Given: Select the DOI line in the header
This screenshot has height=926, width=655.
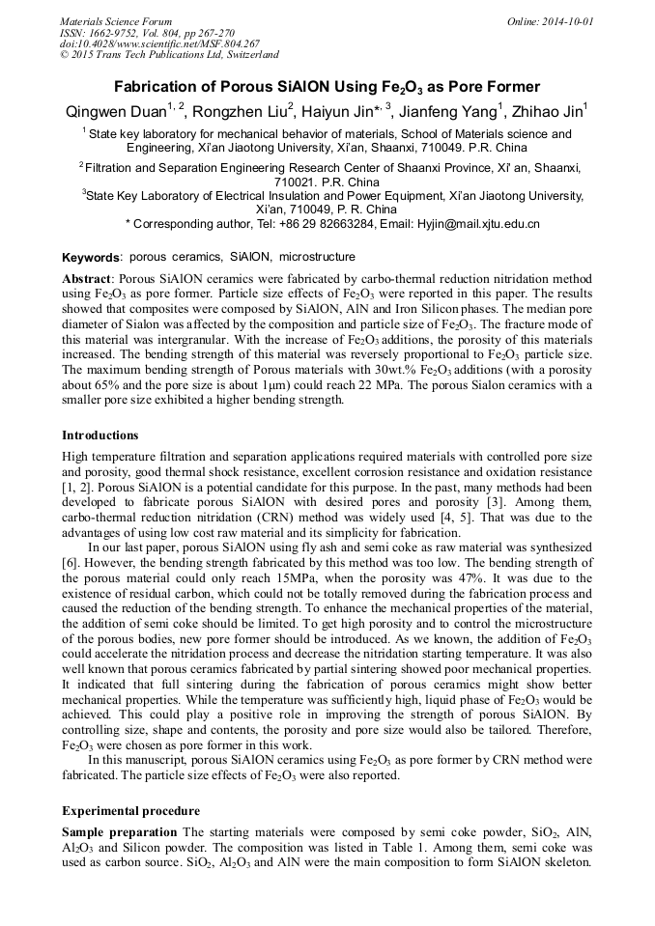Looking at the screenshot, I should coord(159,43).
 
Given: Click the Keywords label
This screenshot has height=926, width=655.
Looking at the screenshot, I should coord(91,259).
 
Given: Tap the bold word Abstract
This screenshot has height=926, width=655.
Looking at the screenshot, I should coord(86,277).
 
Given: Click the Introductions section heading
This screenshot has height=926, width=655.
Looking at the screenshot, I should coord(100,435).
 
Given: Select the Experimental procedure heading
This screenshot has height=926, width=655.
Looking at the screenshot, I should coord(130,810).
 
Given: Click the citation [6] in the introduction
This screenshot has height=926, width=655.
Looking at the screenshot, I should coord(70,561).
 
